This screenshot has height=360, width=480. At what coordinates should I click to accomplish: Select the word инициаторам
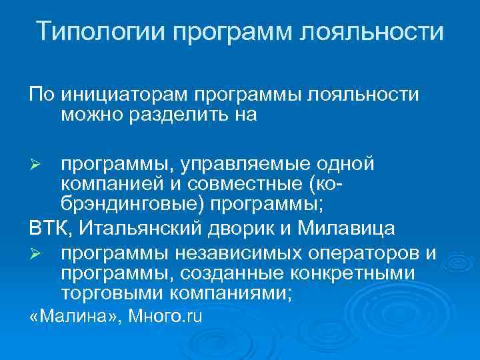point(124,94)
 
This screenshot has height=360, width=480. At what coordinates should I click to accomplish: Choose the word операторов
point(352,253)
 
